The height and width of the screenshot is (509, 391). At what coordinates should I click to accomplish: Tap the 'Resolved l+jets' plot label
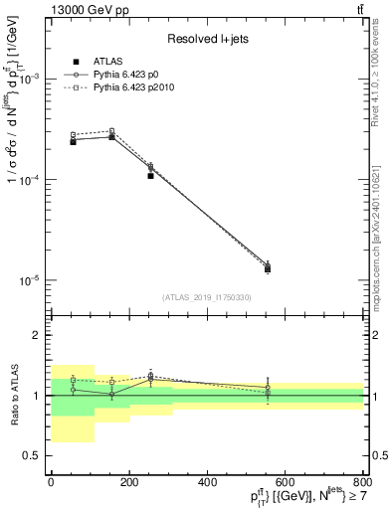pyautogui.click(x=206, y=39)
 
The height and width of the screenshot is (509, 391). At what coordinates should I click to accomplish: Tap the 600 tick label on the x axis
pyautogui.click(x=286, y=483)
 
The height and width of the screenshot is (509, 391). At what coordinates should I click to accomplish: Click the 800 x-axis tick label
pyautogui.click(x=363, y=483)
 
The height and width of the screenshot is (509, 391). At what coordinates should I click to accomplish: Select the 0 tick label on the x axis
pyautogui.click(x=51, y=483)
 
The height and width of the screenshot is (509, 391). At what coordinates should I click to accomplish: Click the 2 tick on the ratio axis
pyautogui.click(x=38, y=335)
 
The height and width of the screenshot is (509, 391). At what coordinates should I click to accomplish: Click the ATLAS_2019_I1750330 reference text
pyautogui.click(x=207, y=297)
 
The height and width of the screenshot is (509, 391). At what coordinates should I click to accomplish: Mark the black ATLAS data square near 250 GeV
pyautogui.click(x=150, y=175)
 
